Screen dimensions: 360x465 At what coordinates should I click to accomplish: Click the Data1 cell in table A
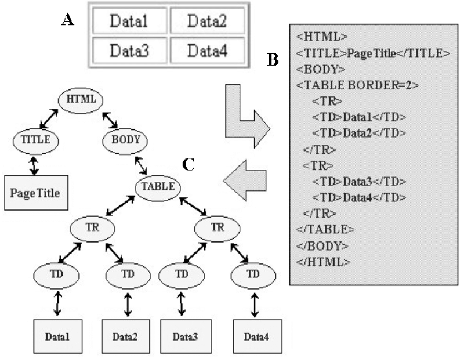pyautogui.click(x=130, y=23)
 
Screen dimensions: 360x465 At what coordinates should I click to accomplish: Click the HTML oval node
pyautogui.click(x=81, y=99)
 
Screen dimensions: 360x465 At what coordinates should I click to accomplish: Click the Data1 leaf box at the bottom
pyautogui.click(x=57, y=335)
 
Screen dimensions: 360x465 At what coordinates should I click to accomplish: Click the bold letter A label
pyautogui.click(x=68, y=21)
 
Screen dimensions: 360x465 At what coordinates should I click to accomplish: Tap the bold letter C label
pyautogui.click(x=188, y=164)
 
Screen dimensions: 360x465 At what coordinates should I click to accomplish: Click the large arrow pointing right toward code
pyautogui.click(x=245, y=118)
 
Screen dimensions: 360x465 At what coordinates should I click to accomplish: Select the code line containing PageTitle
pyautogui.click(x=373, y=54)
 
